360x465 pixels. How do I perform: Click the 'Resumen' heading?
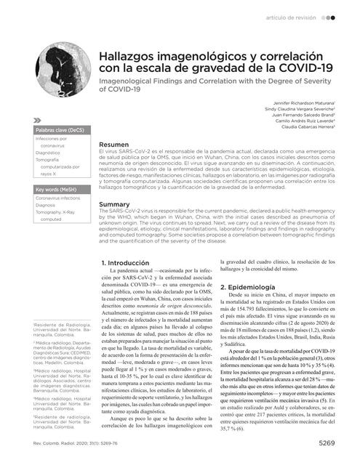pyautogui.click(x=114, y=145)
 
